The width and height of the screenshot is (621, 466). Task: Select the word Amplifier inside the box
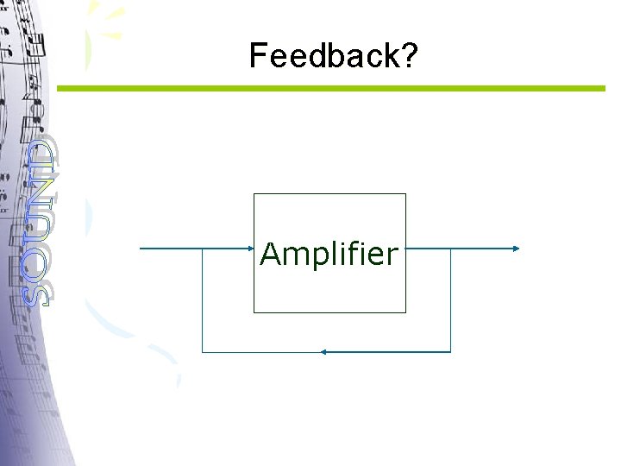point(329,255)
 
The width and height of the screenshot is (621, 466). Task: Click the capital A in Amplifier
point(271,255)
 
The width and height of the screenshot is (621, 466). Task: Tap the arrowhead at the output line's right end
point(516,249)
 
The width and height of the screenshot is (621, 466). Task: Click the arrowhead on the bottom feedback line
point(322,352)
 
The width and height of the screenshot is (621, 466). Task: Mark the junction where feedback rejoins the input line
point(202,249)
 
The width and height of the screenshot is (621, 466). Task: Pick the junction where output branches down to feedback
point(450,249)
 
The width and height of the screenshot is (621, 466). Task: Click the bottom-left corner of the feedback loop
point(202,352)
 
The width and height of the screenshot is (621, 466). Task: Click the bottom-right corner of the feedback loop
point(450,352)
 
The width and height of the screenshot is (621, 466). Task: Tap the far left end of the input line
point(141,249)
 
